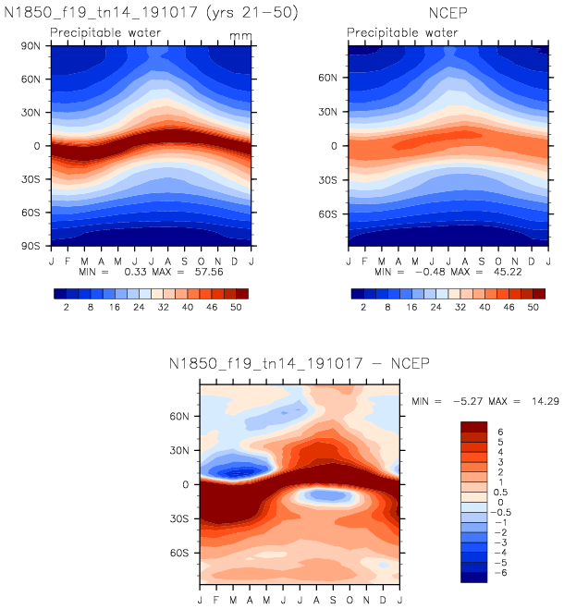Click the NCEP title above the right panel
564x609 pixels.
click(445, 14)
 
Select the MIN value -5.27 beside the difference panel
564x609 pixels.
click(461, 404)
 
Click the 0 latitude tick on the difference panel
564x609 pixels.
click(186, 484)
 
